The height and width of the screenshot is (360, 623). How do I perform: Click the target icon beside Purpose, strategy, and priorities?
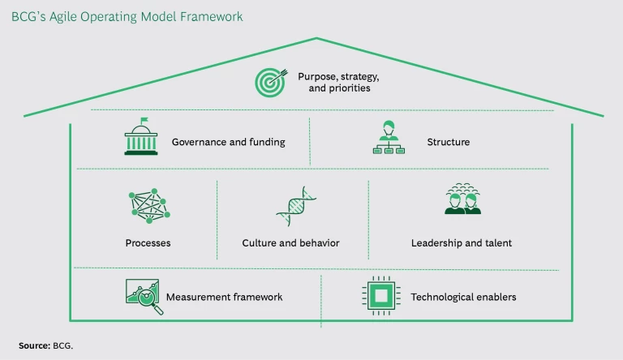click(269, 81)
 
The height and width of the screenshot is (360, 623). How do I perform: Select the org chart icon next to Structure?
click(388, 139)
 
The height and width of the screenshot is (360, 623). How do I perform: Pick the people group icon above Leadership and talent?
click(462, 200)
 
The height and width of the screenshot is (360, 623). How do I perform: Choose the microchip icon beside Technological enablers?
click(378, 297)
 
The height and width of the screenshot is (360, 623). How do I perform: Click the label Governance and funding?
click(228, 143)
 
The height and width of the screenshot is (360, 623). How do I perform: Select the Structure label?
click(448, 143)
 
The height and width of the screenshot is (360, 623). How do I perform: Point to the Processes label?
click(148, 243)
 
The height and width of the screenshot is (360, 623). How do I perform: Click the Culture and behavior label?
click(290, 243)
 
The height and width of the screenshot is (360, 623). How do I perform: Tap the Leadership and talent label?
click(462, 243)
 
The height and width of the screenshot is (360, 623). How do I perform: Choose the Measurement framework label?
click(224, 298)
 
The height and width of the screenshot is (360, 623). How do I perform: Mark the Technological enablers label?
click(463, 298)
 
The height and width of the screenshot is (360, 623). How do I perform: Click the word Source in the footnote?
click(33, 345)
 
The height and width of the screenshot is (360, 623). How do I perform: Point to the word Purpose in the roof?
click(316, 75)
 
